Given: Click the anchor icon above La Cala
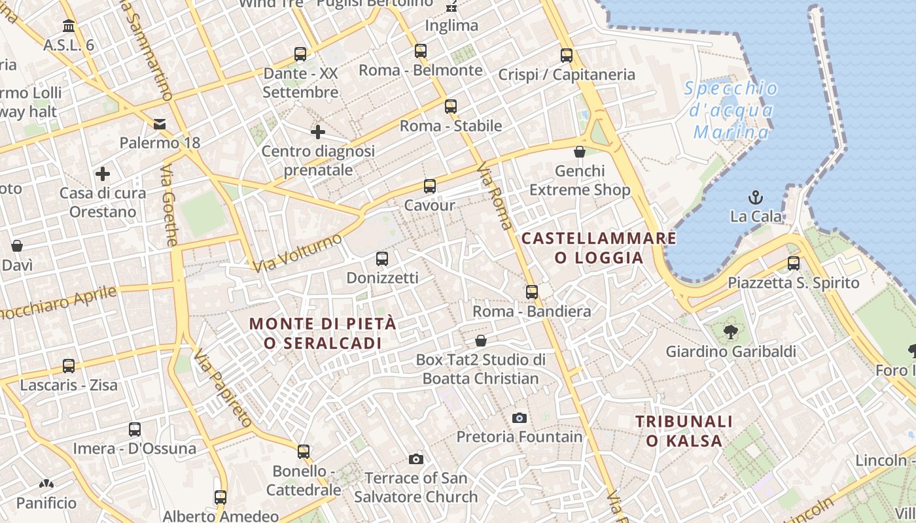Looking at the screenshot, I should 756,197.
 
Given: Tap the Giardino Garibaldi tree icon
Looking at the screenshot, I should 730,332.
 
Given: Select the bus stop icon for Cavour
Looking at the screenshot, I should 429,186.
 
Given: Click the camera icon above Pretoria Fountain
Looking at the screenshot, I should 519,418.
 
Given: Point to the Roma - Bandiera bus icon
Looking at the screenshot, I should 532,292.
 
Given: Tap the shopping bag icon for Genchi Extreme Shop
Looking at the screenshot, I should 579,152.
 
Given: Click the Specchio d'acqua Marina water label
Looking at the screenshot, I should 731,110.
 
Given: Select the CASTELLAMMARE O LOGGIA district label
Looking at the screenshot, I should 599,248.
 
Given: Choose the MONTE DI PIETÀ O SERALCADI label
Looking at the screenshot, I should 323,333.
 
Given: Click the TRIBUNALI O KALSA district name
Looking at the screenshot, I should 684,431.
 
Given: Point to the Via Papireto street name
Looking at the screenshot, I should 224,390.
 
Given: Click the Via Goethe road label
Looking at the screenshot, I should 169,205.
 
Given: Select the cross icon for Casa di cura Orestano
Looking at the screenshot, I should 103,174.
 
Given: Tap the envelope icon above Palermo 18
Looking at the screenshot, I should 160,124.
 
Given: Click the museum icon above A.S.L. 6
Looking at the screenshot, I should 69,26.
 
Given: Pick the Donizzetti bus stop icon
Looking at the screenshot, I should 382,259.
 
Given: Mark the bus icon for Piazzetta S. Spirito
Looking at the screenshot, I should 794,263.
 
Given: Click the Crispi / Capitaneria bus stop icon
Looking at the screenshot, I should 567,56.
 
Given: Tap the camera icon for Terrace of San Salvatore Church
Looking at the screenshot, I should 415,459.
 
